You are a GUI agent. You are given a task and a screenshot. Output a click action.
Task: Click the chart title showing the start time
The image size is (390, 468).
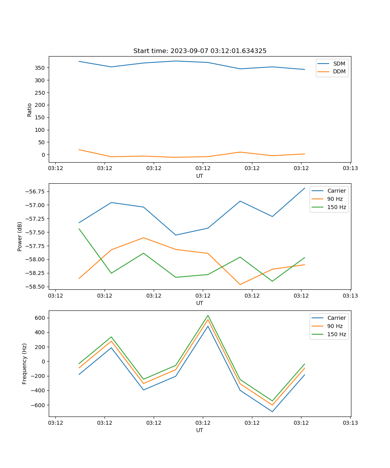pos(200,51)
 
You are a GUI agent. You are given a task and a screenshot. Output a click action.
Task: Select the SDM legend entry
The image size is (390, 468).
pos(339,64)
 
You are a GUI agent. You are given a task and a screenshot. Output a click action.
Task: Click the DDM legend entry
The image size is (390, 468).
pos(339,72)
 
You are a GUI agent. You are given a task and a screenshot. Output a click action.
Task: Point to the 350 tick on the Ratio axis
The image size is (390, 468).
pos(41,68)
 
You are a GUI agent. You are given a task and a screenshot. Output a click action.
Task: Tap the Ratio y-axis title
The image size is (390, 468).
pos(30,110)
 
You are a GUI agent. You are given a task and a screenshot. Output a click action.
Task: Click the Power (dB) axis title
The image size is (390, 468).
pos(20,236)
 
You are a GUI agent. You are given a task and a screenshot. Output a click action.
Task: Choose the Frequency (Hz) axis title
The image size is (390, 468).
pos(25,363)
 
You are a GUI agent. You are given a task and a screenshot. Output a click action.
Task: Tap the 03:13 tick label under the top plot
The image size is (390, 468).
pos(350,168)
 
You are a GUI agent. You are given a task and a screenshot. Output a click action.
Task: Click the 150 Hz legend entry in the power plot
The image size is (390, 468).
pos(337,207)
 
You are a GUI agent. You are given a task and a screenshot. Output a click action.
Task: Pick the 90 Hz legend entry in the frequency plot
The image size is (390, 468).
pos(335,326)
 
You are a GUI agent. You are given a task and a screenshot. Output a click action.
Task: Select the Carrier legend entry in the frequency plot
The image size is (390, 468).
pos(337,318)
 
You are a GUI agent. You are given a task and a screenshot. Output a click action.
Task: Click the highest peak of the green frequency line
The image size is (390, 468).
pos(208,316)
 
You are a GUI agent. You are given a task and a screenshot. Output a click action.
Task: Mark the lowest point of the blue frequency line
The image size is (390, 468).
pos(272,411)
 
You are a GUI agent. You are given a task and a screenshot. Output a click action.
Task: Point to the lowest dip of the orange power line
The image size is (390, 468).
pos(240,284)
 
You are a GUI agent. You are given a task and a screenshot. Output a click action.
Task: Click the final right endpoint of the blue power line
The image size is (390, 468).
pos(305,188)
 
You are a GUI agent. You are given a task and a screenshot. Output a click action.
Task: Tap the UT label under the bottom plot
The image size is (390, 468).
pos(200,430)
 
